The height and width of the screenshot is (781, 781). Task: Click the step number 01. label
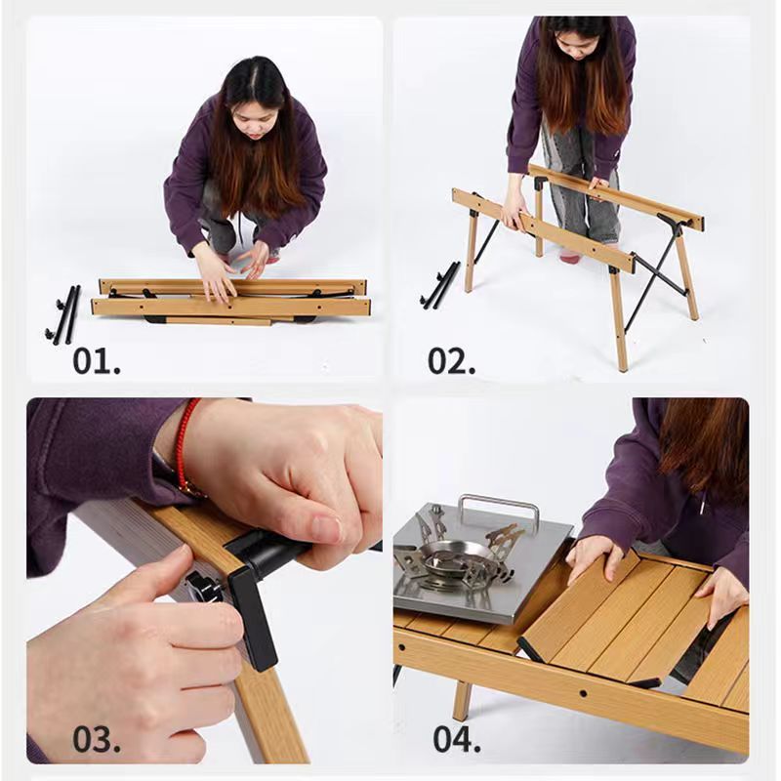[97, 360]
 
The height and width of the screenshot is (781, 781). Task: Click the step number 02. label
[451, 360]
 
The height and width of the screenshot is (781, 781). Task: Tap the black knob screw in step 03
[202, 589]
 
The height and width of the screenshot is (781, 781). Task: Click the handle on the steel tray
[499, 509]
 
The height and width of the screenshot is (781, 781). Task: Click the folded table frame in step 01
[232, 300]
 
